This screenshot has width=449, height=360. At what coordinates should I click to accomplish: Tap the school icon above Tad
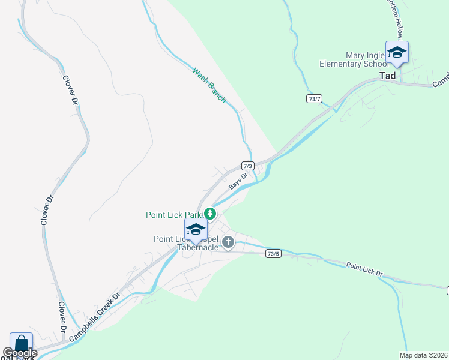[397, 53]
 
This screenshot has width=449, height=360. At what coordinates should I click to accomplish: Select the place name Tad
[388, 76]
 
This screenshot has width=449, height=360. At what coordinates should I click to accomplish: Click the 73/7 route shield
[314, 98]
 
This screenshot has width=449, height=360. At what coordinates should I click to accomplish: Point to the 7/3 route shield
[248, 166]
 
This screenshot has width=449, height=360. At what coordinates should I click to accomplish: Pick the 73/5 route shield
[273, 254]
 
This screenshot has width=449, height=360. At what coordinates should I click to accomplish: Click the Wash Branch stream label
[209, 85]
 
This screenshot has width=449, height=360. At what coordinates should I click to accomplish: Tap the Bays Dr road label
[238, 181]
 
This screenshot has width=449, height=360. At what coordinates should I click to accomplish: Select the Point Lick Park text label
[174, 215]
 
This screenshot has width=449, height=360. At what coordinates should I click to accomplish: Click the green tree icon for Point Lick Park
[209, 213]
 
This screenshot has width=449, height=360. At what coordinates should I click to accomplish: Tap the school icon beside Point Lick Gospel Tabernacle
[196, 230]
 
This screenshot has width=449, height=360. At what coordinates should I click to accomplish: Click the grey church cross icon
[228, 242]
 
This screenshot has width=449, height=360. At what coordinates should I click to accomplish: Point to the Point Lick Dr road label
[364, 269]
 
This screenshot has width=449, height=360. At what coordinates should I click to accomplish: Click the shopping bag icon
[21, 344]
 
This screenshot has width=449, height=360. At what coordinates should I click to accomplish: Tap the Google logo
[20, 353]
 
